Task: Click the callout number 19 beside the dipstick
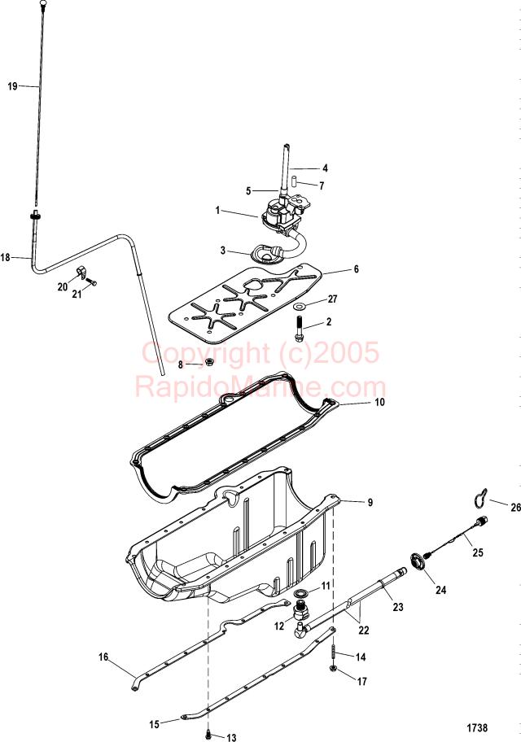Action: pos(13,86)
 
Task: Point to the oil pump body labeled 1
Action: pos(278,216)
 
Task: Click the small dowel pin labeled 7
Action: pos(293,181)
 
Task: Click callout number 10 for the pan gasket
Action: pos(379,402)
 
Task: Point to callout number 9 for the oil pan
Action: pos(370,502)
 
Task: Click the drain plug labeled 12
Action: pos(300,610)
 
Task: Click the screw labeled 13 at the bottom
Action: pos(208,734)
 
